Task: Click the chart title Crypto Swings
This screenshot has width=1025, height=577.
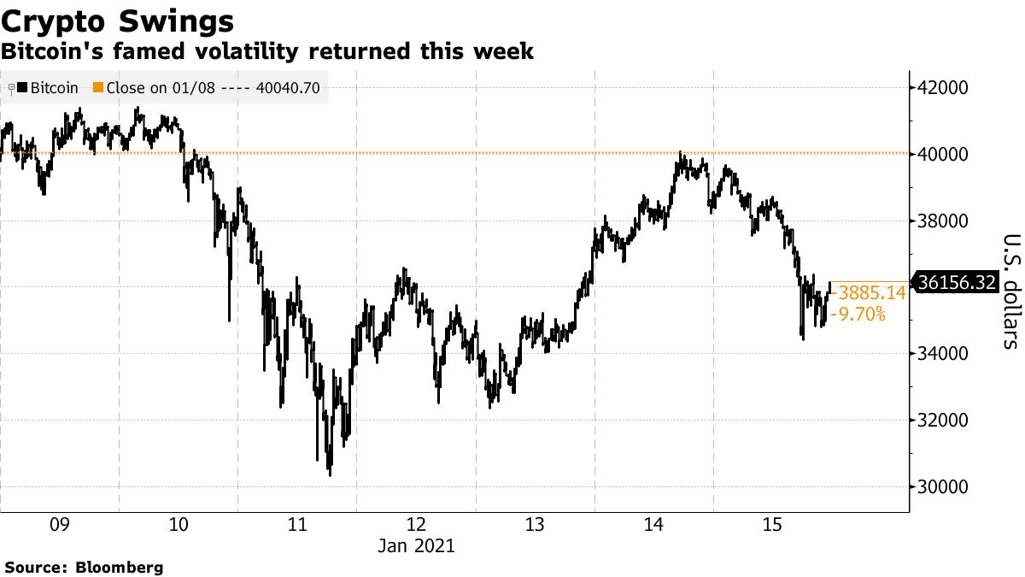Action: [x=119, y=21]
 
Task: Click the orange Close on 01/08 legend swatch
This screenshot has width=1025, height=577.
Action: [x=97, y=87]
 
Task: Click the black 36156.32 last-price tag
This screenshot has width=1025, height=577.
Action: [x=956, y=282]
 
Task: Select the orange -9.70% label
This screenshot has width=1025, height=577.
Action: [x=859, y=315]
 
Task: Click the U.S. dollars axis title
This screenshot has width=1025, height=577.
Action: [x=1010, y=291]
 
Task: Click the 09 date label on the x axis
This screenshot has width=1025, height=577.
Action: [x=59, y=524]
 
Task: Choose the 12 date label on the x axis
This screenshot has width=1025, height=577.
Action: [x=416, y=524]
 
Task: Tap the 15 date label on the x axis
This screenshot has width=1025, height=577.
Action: [x=772, y=524]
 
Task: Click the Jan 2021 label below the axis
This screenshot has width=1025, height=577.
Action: [x=416, y=545]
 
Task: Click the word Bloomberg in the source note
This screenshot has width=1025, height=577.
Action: [x=120, y=567]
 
